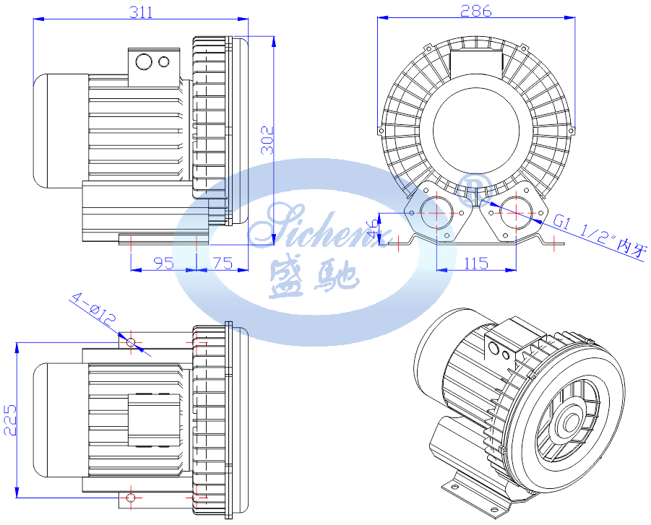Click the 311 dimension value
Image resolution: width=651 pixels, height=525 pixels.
tap(141, 12)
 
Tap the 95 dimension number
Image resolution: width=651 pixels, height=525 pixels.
tap(163, 263)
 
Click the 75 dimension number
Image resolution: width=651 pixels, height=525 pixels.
tap(223, 263)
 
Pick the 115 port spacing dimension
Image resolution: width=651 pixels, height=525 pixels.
tap(476, 263)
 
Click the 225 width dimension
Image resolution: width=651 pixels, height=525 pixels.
tap(9, 420)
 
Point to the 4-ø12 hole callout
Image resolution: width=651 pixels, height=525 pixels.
tap(93, 308)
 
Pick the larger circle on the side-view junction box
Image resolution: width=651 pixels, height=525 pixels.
tap(144, 62)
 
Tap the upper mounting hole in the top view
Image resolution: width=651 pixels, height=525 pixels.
tap(131, 340)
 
